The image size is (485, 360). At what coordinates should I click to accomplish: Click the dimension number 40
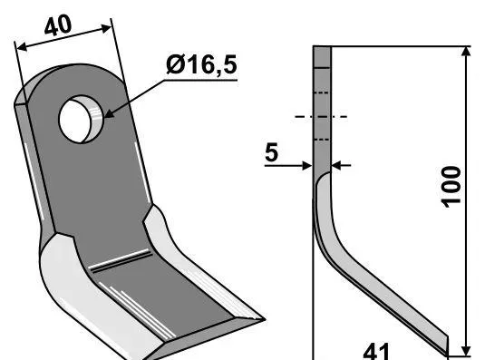tap(58, 25)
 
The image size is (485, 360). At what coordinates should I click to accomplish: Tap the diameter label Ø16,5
tap(201, 64)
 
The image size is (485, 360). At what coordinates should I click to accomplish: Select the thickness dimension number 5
tap(271, 152)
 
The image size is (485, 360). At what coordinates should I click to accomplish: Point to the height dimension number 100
tap(451, 187)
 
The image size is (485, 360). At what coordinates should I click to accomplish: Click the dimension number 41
tap(375, 351)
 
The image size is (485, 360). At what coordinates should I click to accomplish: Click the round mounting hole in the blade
tap(81, 119)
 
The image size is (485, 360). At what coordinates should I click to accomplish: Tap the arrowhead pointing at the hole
tap(109, 113)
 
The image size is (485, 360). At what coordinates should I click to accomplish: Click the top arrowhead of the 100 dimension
tap(466, 52)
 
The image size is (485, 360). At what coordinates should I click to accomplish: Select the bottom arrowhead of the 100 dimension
tap(466, 350)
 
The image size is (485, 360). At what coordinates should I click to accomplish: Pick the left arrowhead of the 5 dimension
tap(306, 166)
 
